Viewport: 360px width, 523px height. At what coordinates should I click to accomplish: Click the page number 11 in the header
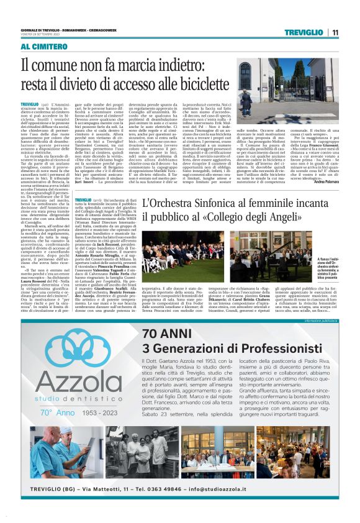coord(335,32)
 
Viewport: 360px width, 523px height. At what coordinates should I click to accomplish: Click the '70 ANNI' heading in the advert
coord(169,333)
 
